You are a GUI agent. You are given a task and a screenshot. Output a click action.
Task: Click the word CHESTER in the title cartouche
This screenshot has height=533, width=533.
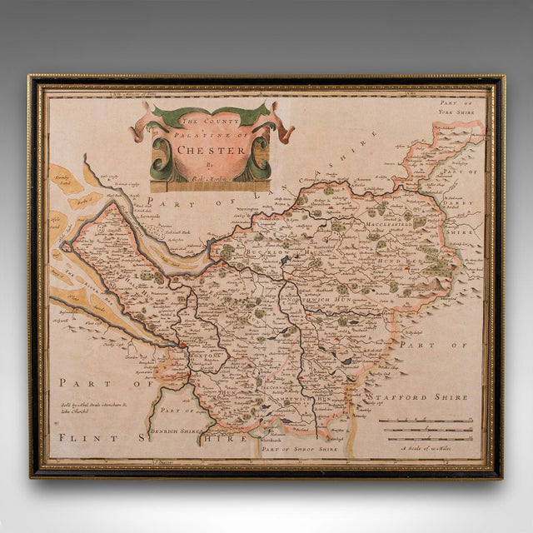click(213, 152)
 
